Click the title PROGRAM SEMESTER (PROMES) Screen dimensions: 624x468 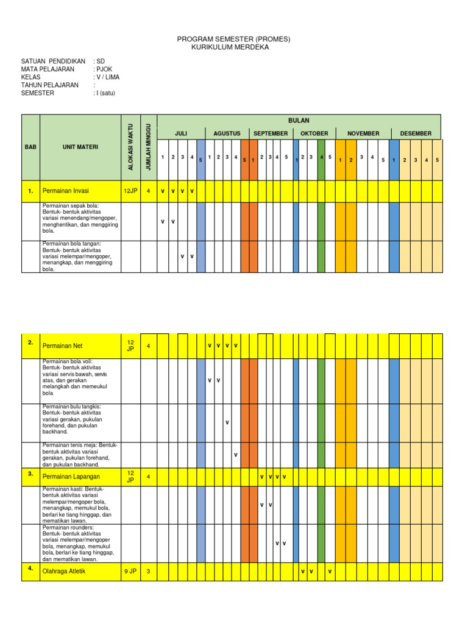pyautogui.click(x=233, y=39)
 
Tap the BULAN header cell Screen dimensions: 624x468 pyautogui.click(x=299, y=121)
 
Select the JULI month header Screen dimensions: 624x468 pyautogui.click(x=181, y=133)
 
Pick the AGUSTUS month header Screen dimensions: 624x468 pyautogui.click(x=227, y=133)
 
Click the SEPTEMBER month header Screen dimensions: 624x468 pyautogui.click(x=271, y=133)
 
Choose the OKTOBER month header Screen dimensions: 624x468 pyautogui.click(x=314, y=133)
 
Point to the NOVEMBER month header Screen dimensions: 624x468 pyautogui.click(x=363, y=133)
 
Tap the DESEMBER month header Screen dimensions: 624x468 pyautogui.click(x=416, y=133)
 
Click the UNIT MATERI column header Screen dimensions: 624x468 pyautogui.click(x=80, y=147)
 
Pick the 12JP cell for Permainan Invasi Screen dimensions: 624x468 pyautogui.click(x=130, y=191)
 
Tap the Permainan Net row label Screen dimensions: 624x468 pyautogui.click(x=62, y=346)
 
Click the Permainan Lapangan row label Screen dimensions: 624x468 pyautogui.click(x=71, y=476)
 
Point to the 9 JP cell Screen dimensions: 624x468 pyautogui.click(x=130, y=572)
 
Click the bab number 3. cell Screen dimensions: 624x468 pyautogui.click(x=30, y=473)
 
